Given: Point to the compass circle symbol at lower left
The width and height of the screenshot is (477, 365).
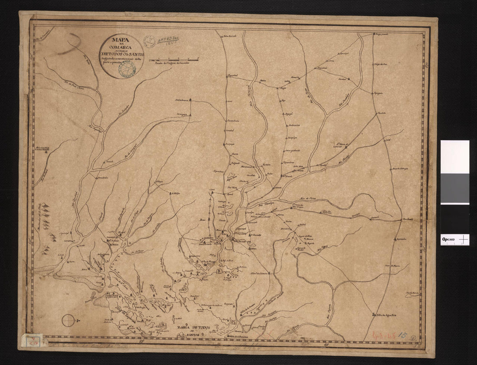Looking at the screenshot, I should [69, 321].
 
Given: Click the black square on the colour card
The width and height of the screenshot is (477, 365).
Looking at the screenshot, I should [455, 219].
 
